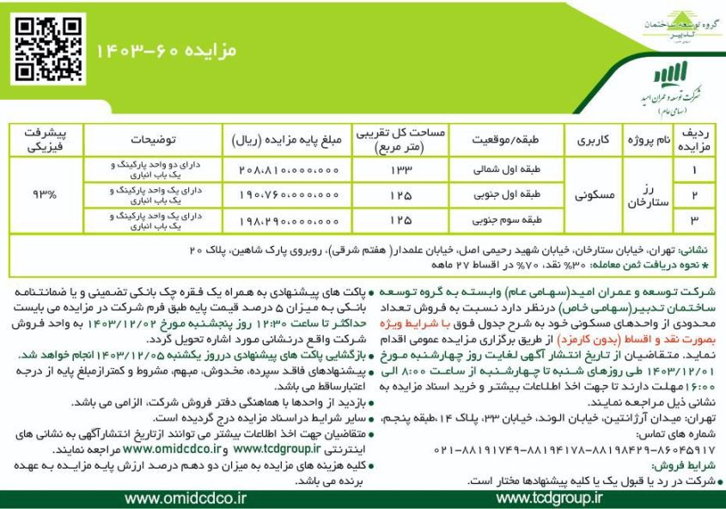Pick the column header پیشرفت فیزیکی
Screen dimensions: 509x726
coord(45,138)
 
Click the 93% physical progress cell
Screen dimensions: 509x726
coord(43,194)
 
